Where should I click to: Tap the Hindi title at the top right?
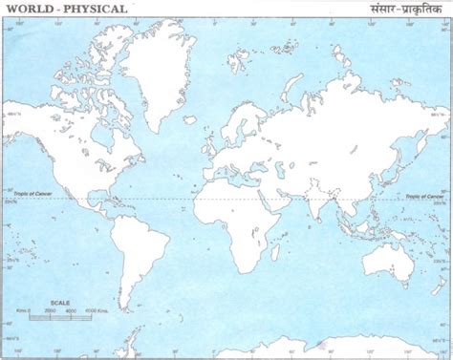pos(398,9)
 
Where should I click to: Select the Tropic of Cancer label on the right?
pos(424,195)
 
